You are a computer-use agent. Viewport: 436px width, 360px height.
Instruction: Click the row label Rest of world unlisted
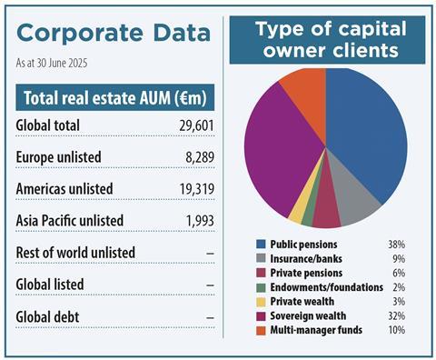click(75, 252)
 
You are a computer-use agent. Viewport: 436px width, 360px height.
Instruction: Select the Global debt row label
click(48, 316)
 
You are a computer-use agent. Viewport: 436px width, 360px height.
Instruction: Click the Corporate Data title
click(113, 33)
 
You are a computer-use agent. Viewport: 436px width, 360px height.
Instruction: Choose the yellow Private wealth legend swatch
click(261, 301)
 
